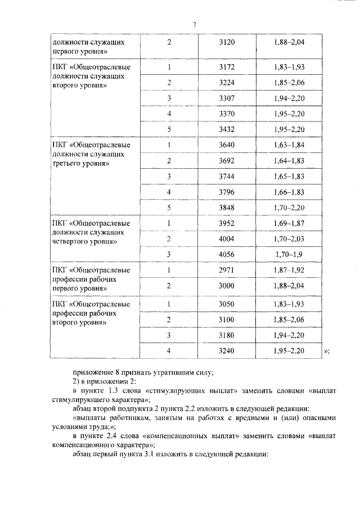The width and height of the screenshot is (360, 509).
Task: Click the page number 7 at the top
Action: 193,25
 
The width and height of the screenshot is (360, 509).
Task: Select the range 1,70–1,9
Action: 290,254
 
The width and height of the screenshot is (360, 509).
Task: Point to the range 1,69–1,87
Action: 290,223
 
